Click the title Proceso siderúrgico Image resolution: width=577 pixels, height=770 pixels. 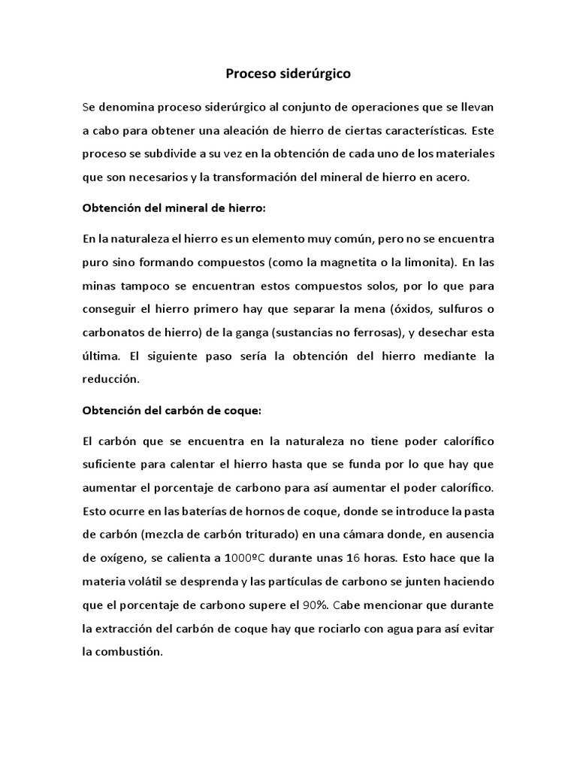pyautogui.click(x=288, y=74)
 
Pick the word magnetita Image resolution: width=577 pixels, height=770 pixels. pyautogui.click(x=367, y=262)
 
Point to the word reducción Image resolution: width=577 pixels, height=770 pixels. pyautogui.click(x=111, y=380)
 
